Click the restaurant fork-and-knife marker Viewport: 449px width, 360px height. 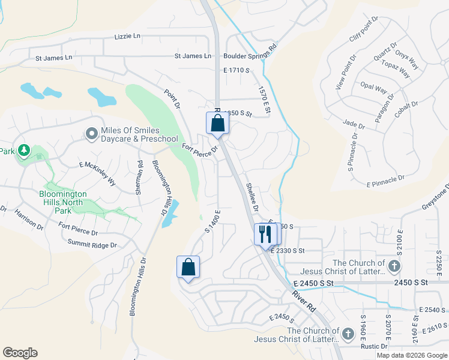[x=265, y=233]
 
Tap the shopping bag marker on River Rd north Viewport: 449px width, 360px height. [x=217, y=123]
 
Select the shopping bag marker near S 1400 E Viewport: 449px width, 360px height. [x=188, y=268]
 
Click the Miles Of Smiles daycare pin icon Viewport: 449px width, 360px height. [x=91, y=133]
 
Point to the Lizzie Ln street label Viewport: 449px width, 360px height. [x=127, y=37]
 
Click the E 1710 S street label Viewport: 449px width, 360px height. [x=236, y=70]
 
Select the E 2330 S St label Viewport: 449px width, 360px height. [x=288, y=251]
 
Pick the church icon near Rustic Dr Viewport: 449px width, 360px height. [x=348, y=333]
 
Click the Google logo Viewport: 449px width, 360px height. [x=20, y=353]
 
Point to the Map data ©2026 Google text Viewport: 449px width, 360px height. [x=412, y=355]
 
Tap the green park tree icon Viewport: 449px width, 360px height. [x=24, y=149]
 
